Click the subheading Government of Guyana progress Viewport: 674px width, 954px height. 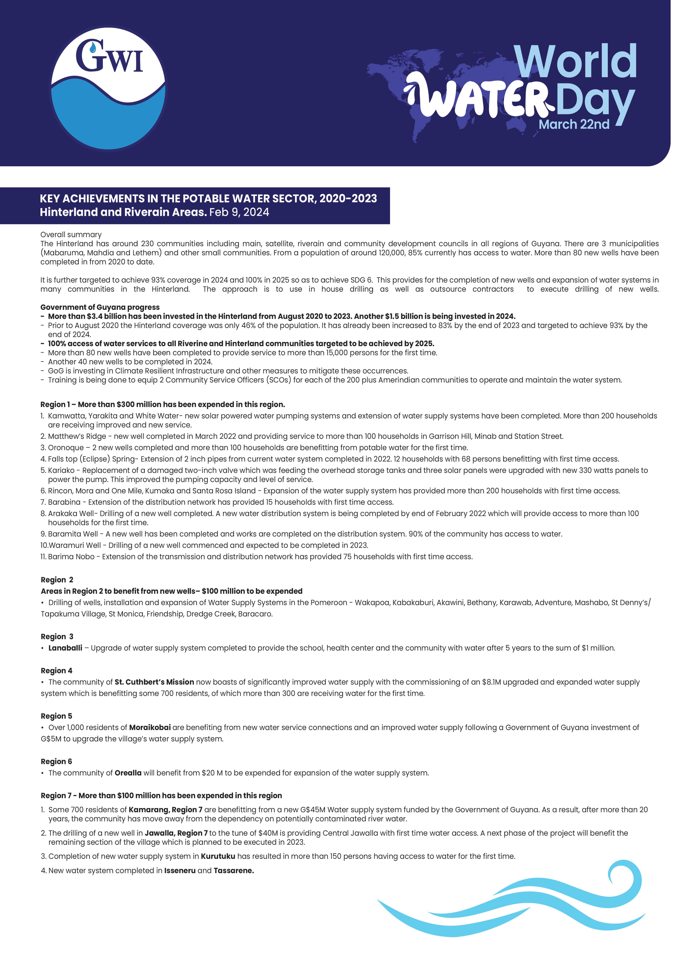click(x=100, y=307)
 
